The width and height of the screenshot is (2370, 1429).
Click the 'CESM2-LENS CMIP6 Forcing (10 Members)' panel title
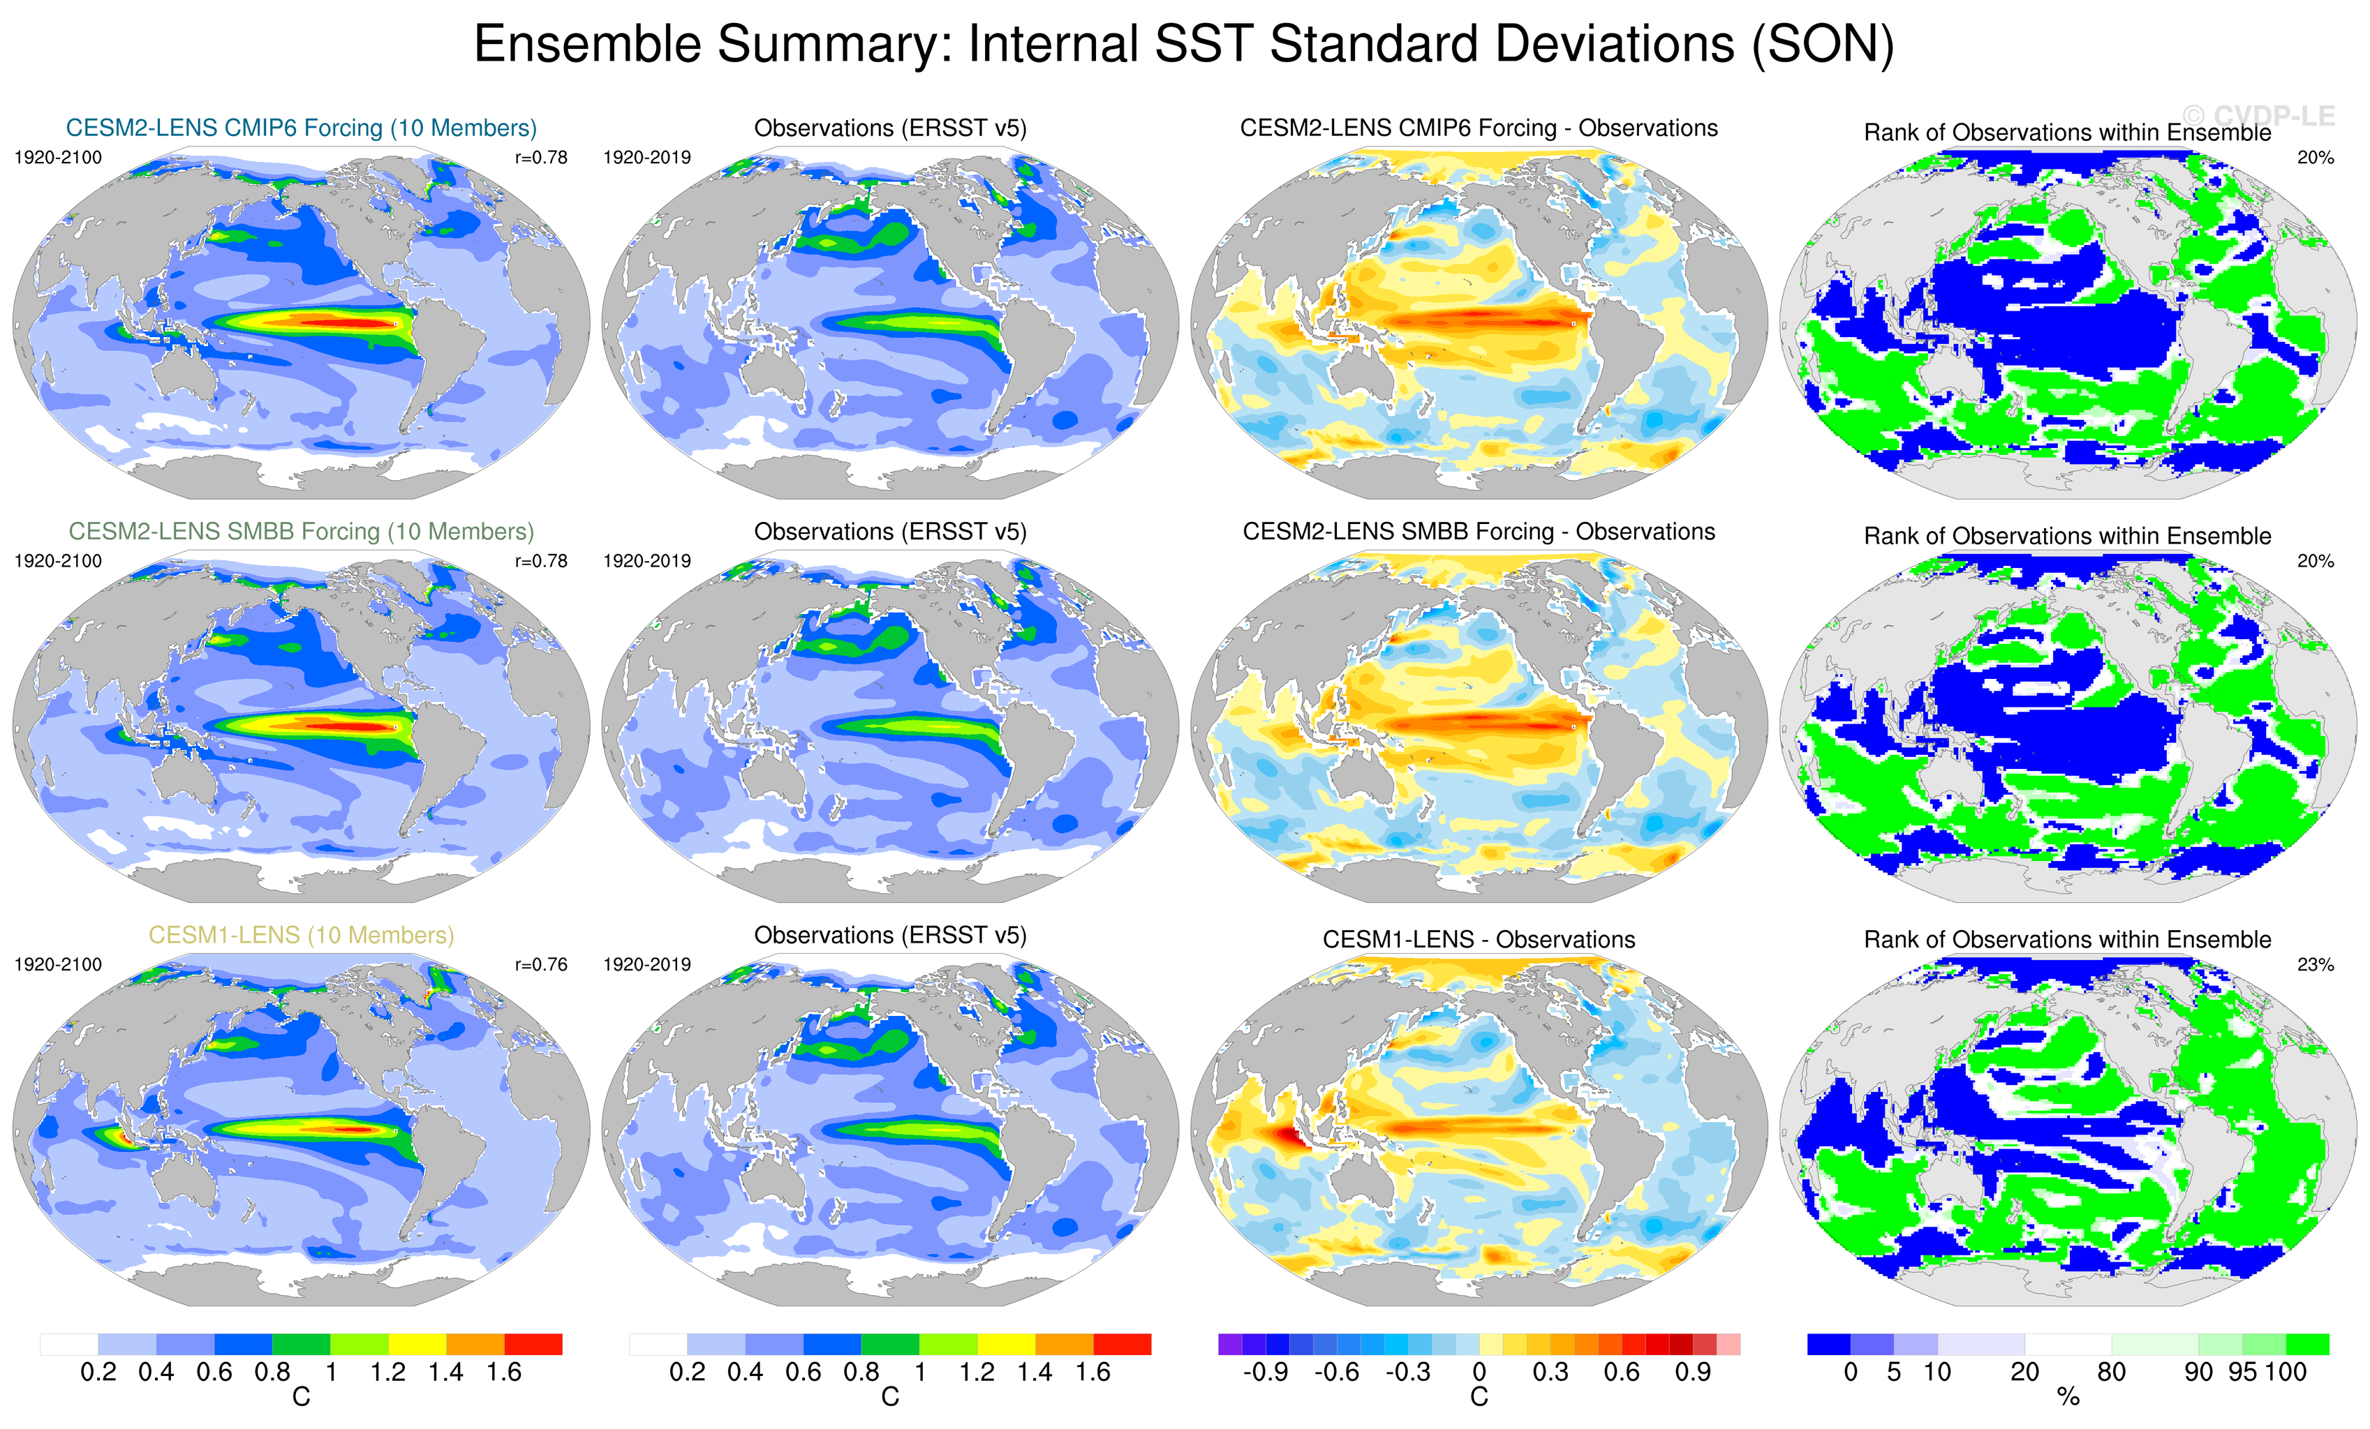[301, 128]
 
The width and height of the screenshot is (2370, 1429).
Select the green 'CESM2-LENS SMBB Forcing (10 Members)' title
[301, 532]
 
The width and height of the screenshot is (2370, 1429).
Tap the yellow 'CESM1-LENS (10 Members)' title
[301, 935]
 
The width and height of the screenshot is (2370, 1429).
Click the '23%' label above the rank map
[2315, 964]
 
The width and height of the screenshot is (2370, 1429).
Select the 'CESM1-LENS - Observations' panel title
[1479, 939]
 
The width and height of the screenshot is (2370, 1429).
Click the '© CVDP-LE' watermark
[2258, 117]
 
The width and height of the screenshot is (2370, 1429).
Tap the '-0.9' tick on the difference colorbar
[1265, 1372]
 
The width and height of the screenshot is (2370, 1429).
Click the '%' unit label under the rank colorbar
[2068, 1398]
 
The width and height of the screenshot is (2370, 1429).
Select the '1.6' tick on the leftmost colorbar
[504, 1372]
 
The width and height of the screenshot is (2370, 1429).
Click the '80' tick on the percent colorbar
[2111, 1372]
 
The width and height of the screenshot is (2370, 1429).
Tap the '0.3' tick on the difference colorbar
[1550, 1372]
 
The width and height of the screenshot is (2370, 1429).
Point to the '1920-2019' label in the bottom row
[646, 964]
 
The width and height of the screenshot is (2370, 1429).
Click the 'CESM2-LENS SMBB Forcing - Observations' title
[1479, 532]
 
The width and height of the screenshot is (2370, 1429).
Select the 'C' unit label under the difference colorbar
[1479, 1398]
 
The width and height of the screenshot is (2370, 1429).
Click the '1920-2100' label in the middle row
[58, 560]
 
